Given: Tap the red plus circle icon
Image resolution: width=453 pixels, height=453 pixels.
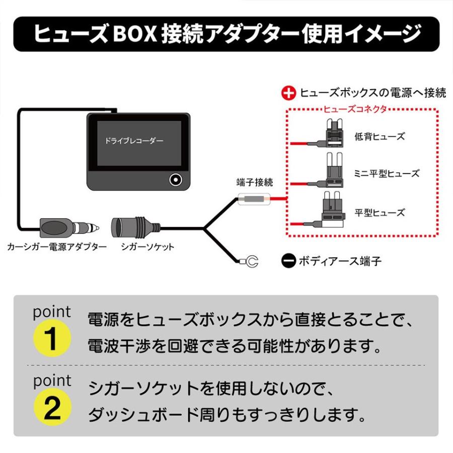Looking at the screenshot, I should coord(288,93).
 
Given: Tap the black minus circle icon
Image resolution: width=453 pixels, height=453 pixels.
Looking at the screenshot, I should coord(288,261).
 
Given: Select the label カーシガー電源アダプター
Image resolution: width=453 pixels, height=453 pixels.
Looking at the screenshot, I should coord(57,247).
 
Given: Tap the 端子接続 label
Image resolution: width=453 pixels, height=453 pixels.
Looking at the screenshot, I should coord(255,182).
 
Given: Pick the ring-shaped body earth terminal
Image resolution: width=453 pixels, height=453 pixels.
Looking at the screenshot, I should coord(250,261).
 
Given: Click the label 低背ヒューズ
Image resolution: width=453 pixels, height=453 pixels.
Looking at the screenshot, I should coord(386,136).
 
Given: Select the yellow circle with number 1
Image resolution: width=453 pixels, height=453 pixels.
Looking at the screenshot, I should coord(52,340).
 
